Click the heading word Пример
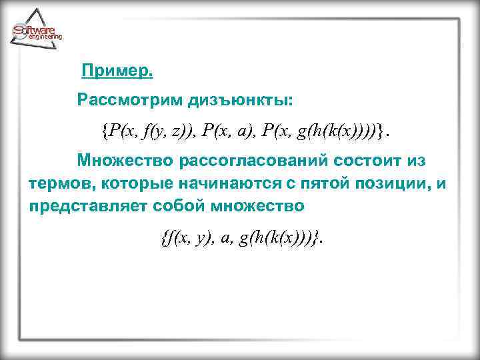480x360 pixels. pos(117,70)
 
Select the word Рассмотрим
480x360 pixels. pos(123,101)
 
